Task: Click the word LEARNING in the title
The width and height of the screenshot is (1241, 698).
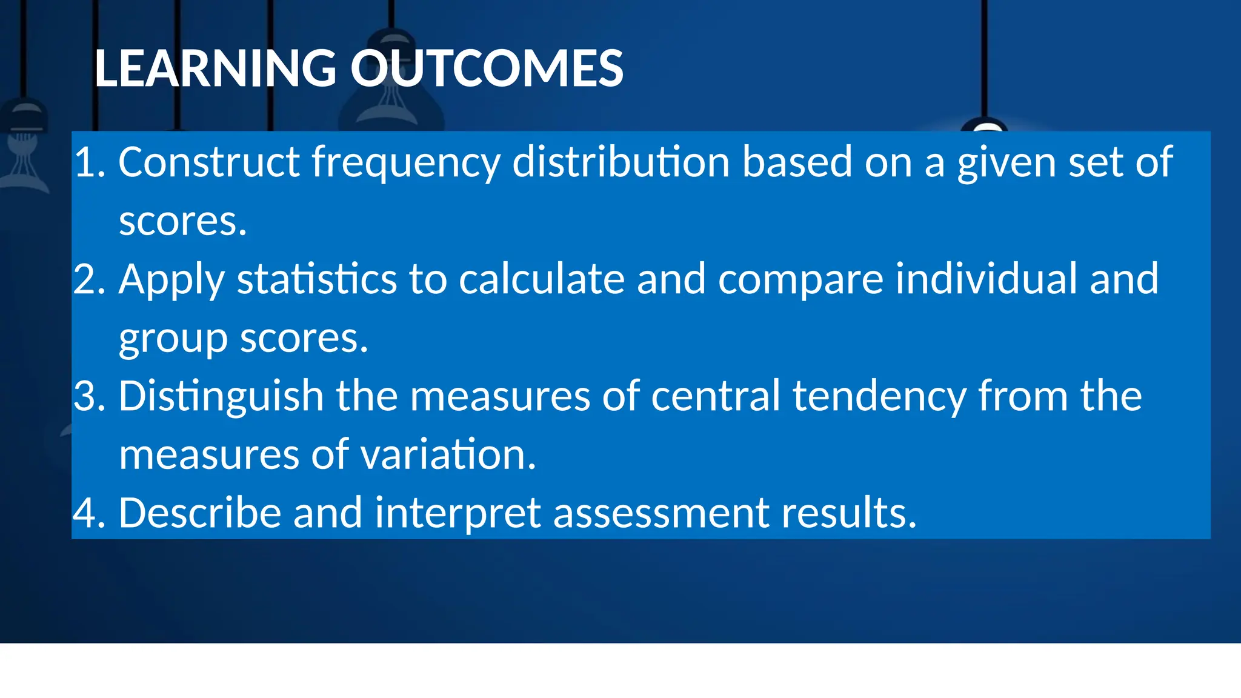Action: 215,68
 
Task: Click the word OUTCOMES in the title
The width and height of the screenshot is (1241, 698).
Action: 487,68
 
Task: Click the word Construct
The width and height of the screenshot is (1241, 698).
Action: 209,162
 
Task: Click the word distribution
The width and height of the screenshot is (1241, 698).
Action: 621,162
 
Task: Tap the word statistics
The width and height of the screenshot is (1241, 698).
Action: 317,279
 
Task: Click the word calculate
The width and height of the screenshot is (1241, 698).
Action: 542,279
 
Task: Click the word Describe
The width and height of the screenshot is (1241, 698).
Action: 200,513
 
